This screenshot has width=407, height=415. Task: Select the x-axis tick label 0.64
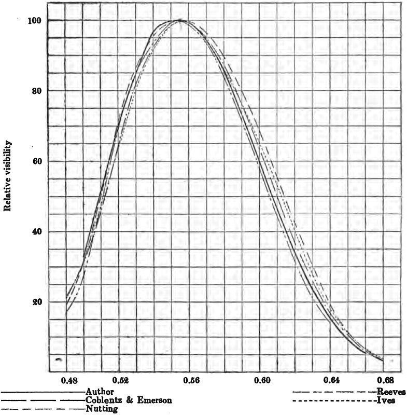(x=332, y=380)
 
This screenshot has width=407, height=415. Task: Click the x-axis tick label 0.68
(x=384, y=380)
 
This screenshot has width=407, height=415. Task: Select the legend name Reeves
(x=391, y=391)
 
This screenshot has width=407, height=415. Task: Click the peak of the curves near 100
(x=180, y=20)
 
